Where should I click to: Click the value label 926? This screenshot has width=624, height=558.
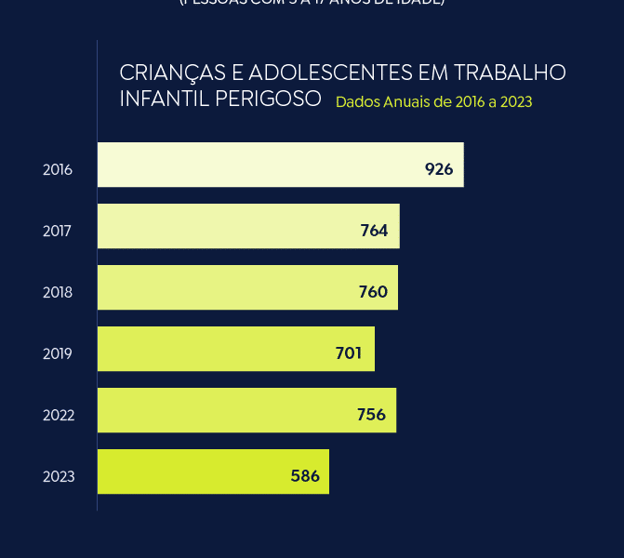tap(438, 169)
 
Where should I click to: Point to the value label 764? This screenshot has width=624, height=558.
tap(374, 231)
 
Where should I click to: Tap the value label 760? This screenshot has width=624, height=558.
tap(373, 292)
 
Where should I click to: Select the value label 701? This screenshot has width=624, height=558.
tap(349, 353)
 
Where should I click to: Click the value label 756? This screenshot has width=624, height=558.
tap(371, 415)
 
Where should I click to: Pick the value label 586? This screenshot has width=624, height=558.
tap(305, 476)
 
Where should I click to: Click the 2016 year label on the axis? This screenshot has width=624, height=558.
tap(58, 170)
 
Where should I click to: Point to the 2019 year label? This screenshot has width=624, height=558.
tap(58, 354)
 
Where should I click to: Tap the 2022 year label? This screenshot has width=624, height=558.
tap(58, 416)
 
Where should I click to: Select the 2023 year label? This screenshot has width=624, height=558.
tap(58, 477)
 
